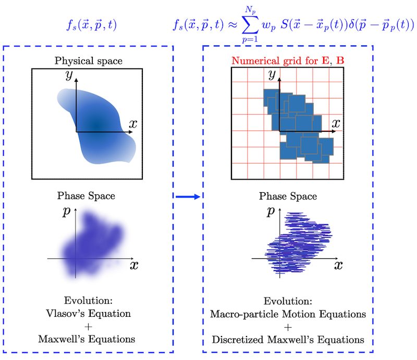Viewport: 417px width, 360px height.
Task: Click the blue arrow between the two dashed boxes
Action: pyautogui.click(x=188, y=196)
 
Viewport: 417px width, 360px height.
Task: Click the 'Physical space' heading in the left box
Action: pyautogui.click(x=89, y=61)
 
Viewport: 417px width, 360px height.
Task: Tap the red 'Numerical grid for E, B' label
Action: pyautogui.click(x=288, y=60)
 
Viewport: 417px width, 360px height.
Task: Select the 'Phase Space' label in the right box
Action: pyautogui.click(x=288, y=196)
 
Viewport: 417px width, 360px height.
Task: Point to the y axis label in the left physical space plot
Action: pyautogui.click(x=68, y=76)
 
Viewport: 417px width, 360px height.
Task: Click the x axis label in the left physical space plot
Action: pyautogui.click(x=133, y=124)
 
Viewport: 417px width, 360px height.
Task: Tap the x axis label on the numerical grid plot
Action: pyautogui.click(x=337, y=123)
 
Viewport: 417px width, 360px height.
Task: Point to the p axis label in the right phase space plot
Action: pyautogui.click(x=270, y=212)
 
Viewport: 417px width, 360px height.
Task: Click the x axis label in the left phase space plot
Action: pyautogui.click(x=134, y=265)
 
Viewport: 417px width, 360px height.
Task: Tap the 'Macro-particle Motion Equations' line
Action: pyautogui.click(x=287, y=314)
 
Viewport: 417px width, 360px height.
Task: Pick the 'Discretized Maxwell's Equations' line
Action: pyautogui.click(x=287, y=340)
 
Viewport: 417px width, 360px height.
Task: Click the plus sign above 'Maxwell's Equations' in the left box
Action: pyautogui.click(x=87, y=327)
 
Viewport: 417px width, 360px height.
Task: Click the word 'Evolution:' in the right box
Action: pyautogui.click(x=287, y=302)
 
